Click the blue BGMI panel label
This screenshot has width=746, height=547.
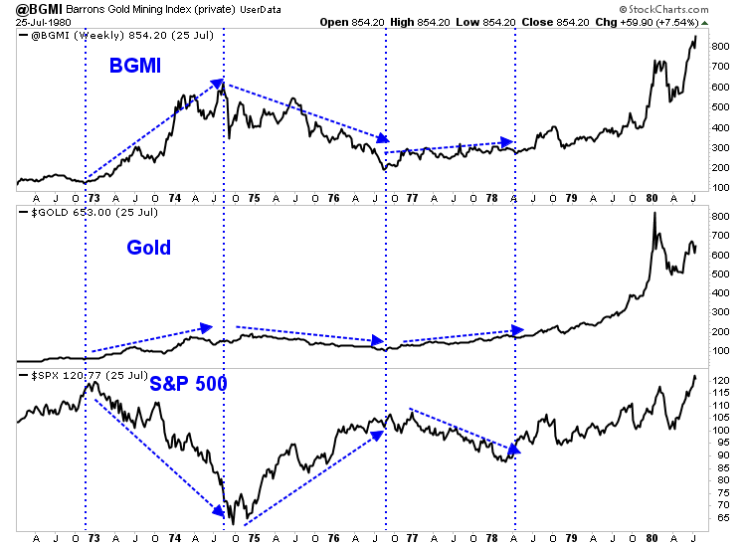[136, 67]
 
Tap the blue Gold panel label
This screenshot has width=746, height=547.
[148, 248]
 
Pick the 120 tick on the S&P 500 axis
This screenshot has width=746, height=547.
[723, 381]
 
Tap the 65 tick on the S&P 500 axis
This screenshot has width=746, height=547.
[721, 518]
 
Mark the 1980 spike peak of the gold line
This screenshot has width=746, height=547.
[654, 214]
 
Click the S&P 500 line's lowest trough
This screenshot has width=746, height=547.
[232, 523]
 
